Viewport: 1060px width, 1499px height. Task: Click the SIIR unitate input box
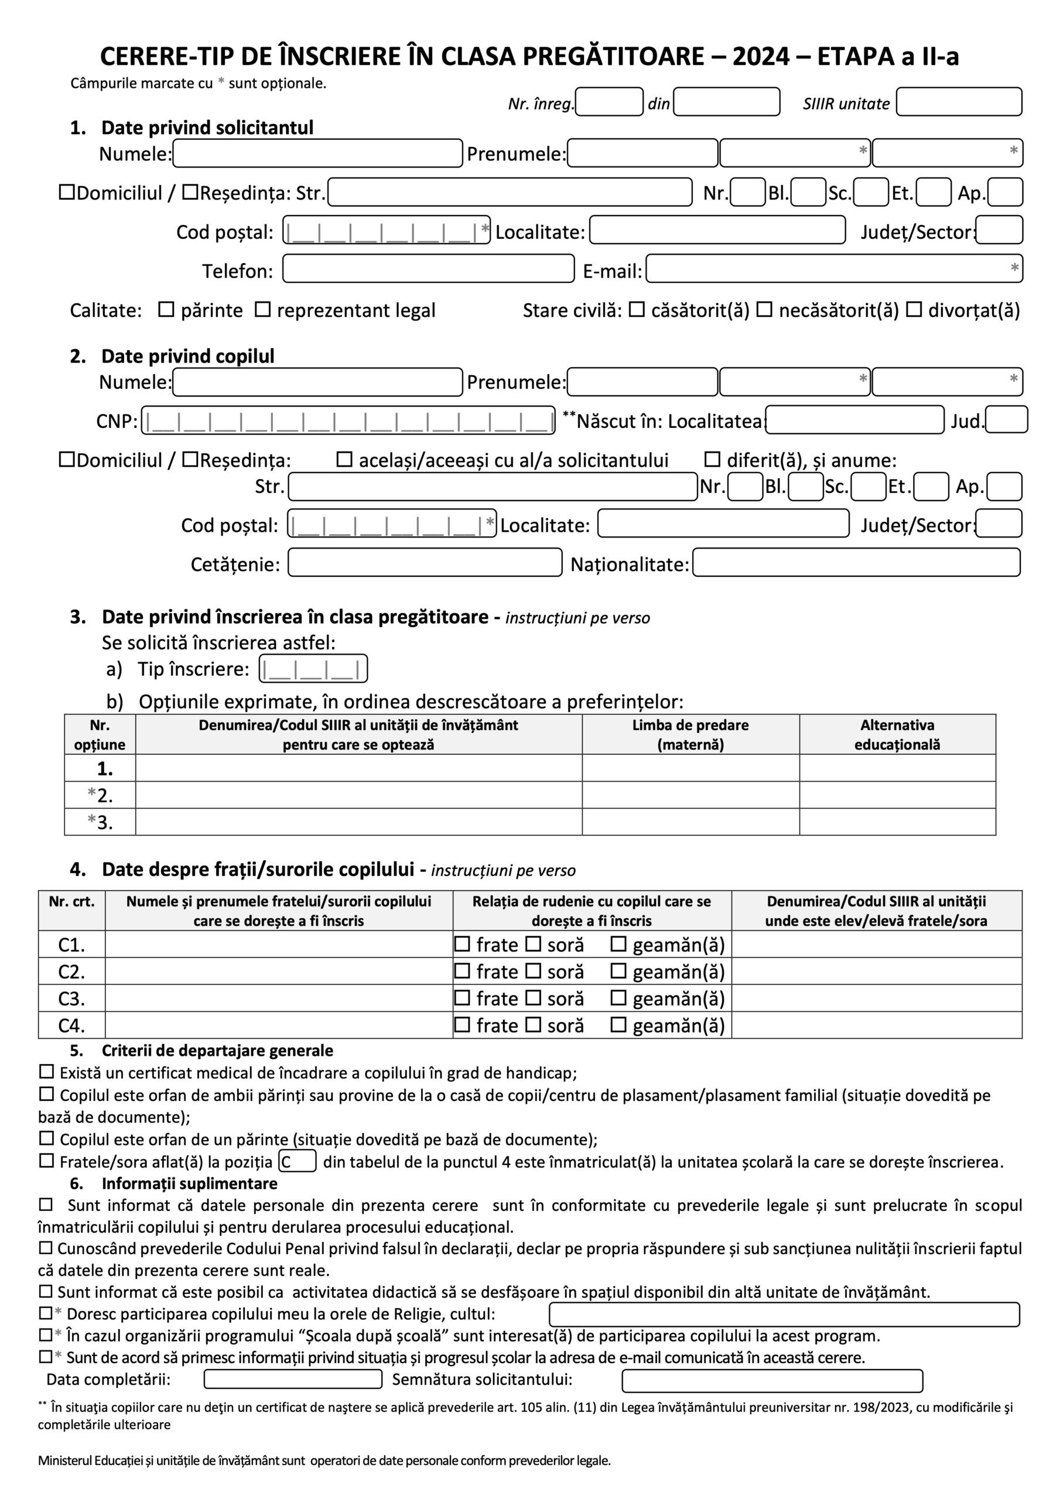tap(958, 102)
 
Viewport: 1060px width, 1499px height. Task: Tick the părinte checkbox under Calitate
tap(166, 310)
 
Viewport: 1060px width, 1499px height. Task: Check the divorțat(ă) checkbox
tap(914, 310)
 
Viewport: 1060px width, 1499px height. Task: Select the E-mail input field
tap(833, 269)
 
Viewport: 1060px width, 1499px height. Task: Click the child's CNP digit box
tap(348, 420)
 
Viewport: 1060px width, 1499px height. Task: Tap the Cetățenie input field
tap(425, 563)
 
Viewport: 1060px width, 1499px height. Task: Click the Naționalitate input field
tap(856, 563)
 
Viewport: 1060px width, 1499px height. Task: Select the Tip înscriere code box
tap(313, 669)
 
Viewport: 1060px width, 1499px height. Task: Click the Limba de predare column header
tap(690, 734)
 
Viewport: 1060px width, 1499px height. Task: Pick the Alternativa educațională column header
tap(897, 734)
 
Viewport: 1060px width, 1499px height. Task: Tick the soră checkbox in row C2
tap(534, 971)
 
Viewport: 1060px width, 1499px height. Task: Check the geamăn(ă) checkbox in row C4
tap(618, 1025)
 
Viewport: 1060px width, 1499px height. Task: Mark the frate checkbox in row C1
tap(463, 944)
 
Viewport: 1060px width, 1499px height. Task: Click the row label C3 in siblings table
tap(72, 999)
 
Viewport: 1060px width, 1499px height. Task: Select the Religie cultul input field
tap(784, 1314)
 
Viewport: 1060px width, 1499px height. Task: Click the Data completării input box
tap(293, 1380)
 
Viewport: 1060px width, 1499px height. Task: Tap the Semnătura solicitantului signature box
tap(772, 1381)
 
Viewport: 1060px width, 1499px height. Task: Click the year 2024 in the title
tap(761, 57)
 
